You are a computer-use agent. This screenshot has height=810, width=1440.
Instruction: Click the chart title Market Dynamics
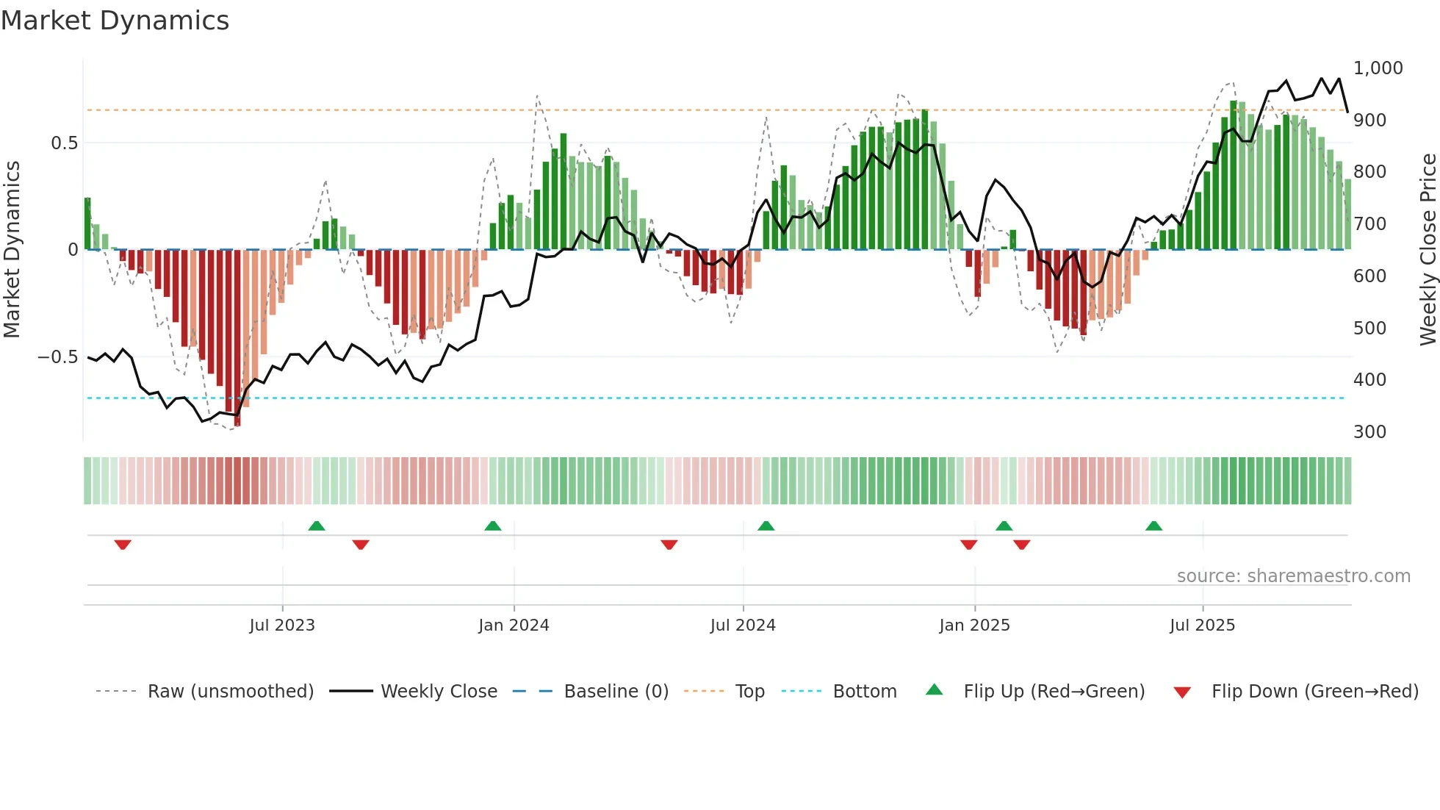tap(115, 21)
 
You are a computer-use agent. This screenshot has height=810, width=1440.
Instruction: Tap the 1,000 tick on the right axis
tap(1378, 68)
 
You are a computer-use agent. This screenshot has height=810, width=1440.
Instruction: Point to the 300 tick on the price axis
tap(1369, 431)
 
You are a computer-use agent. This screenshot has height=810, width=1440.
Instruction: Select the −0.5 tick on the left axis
tap(57, 357)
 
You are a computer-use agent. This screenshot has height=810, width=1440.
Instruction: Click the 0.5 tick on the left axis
tap(64, 143)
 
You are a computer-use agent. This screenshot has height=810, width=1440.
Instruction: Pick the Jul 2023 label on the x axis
tap(282, 626)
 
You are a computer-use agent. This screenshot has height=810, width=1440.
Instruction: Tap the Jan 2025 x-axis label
tap(974, 626)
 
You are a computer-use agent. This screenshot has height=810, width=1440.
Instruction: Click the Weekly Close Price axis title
tap(1428, 250)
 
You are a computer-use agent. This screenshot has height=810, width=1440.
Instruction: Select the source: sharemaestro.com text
tap(1293, 576)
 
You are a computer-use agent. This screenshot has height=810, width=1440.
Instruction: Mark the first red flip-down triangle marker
tap(123, 545)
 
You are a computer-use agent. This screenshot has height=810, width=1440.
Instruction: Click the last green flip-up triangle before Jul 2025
tap(1153, 526)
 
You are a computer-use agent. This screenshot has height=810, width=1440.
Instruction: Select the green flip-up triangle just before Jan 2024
tap(493, 526)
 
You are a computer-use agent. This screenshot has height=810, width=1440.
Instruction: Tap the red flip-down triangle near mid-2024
tap(669, 545)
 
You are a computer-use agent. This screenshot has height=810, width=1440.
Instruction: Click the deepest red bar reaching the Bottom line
tap(237, 338)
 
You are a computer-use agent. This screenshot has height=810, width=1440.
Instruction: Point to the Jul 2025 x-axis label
tap(1202, 626)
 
